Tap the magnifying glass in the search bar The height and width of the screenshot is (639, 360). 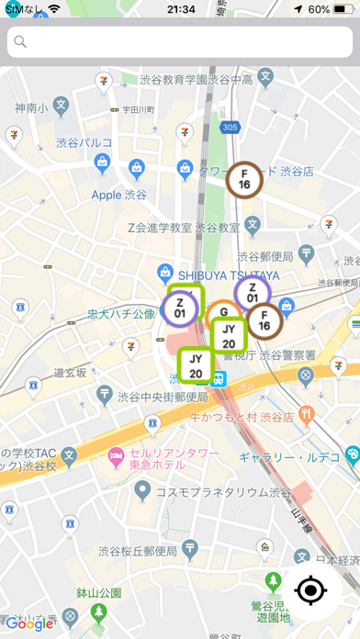click(x=20, y=41)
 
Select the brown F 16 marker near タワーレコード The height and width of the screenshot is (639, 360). click(x=244, y=179)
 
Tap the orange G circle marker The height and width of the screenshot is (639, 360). click(x=223, y=314)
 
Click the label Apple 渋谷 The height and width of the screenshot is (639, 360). click(x=119, y=195)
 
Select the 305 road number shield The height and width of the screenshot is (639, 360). click(x=231, y=127)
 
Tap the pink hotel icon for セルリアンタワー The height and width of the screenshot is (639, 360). click(x=117, y=454)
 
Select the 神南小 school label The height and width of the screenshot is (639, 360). click(x=30, y=108)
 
